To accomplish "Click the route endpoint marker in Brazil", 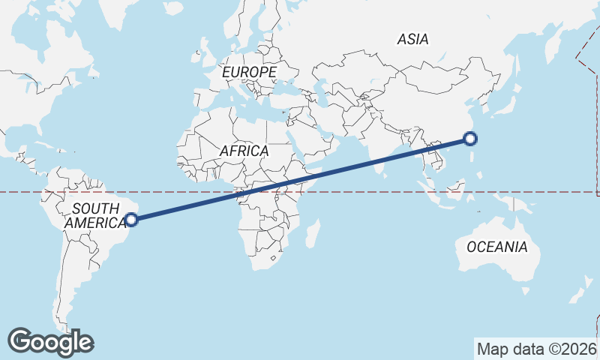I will (131, 220).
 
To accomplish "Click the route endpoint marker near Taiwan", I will (470, 138).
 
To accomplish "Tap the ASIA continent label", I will (413, 39).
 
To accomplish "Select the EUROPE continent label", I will (250, 72).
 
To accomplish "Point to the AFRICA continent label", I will (244, 151).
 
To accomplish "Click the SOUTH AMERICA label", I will (96, 215).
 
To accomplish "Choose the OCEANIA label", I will (496, 247).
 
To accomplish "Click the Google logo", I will (50, 341).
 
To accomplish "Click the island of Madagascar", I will (313, 232).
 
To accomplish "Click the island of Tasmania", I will (526, 289).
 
